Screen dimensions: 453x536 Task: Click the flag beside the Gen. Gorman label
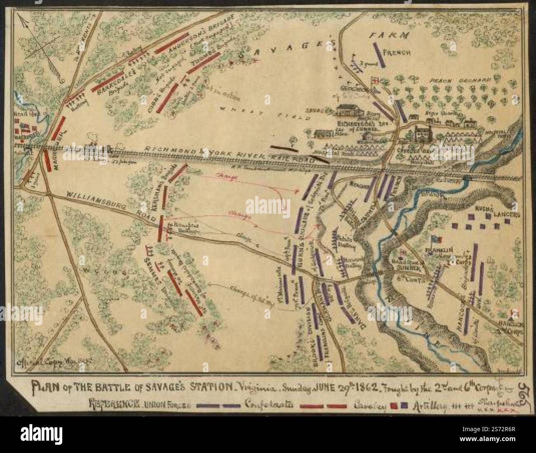coord(376,80)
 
